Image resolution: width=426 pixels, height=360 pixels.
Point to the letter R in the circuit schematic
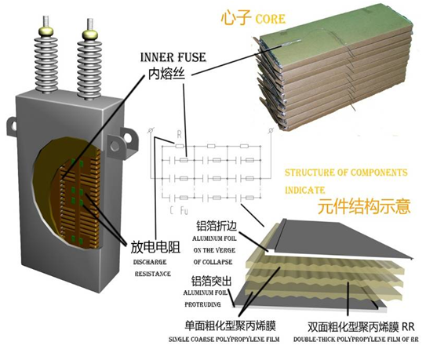click(x=179, y=134)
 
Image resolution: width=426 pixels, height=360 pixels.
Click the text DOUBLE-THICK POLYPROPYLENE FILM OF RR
click(x=356, y=341)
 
